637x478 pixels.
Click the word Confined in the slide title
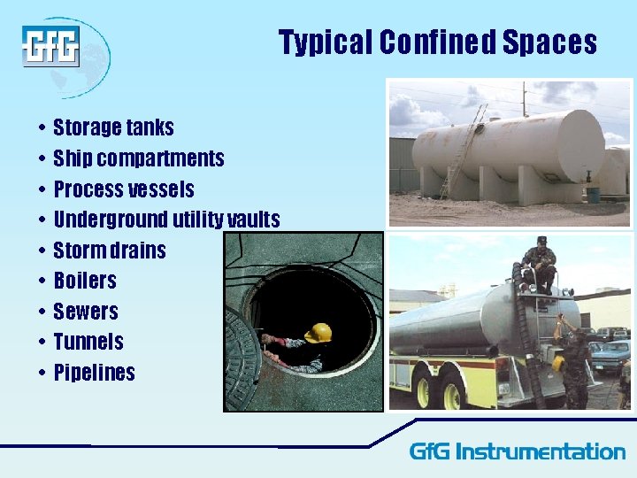tap(437, 42)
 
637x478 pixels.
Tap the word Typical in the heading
tap(325, 42)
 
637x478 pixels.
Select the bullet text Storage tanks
tap(113, 128)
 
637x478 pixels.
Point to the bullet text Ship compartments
tap(139, 159)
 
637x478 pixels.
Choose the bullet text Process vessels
tap(124, 189)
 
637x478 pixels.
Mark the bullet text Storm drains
tap(110, 251)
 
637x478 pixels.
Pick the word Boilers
tap(85, 281)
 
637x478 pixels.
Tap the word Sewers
tap(85, 312)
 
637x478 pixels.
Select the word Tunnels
tap(88, 342)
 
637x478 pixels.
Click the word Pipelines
tap(94, 373)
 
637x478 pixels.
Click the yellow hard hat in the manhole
tap(318, 333)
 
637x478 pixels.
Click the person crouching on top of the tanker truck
tap(539, 265)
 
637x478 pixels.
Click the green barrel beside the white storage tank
tap(592, 193)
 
